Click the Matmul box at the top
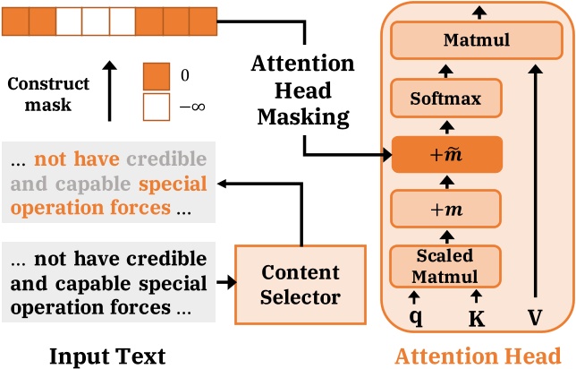coord(469,39)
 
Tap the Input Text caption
coord(107,355)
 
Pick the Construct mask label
coord(49,94)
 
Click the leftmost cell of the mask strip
coord(16,19)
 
